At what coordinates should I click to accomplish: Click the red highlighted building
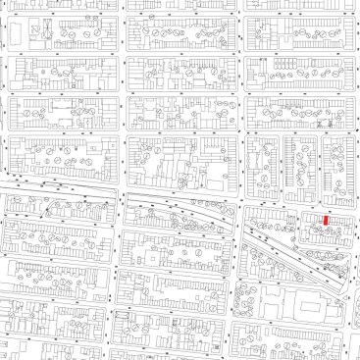pyautogui.click(x=327, y=221)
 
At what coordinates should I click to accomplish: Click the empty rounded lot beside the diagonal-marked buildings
pyautogui.click(x=59, y=34)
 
